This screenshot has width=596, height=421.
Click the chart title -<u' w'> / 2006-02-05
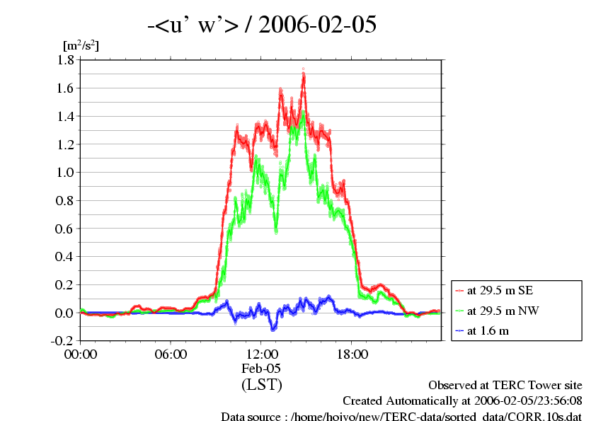[x=262, y=25]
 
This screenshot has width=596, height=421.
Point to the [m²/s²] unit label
[x=81, y=45]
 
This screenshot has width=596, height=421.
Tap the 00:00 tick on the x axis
[x=81, y=354]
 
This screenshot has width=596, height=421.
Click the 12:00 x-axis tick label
[x=262, y=354]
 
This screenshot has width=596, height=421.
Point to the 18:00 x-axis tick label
[x=353, y=354]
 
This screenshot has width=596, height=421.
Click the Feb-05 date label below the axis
[x=262, y=369]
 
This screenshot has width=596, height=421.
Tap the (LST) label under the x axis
[x=262, y=385]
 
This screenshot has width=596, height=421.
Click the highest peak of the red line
[x=304, y=73]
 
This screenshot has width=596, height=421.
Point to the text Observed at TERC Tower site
[x=505, y=386]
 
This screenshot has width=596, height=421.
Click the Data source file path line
[x=401, y=415]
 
